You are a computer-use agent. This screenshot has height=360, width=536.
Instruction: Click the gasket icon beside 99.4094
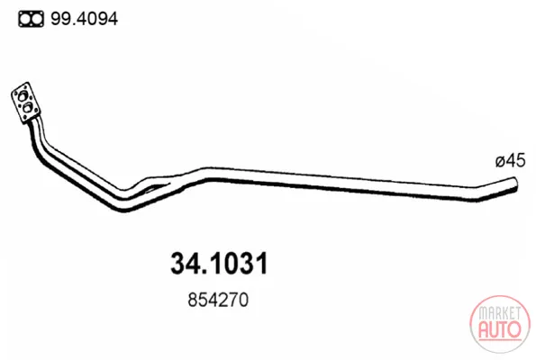click(x=32, y=19)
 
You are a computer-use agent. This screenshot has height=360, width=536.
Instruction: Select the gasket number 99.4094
click(x=84, y=19)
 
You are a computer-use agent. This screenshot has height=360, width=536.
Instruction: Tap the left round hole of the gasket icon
click(x=25, y=19)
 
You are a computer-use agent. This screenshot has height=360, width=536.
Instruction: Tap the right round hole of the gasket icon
click(x=37, y=19)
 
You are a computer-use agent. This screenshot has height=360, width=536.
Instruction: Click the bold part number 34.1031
click(x=219, y=264)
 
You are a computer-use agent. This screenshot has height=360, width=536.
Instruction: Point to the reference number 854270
click(x=218, y=300)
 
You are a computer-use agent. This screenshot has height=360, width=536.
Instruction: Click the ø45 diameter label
click(x=510, y=160)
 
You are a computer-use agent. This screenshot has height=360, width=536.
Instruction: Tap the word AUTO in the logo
click(x=500, y=329)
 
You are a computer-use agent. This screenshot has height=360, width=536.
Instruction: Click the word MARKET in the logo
click(x=500, y=313)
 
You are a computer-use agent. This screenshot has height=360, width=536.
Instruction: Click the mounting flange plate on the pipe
click(x=25, y=103)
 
